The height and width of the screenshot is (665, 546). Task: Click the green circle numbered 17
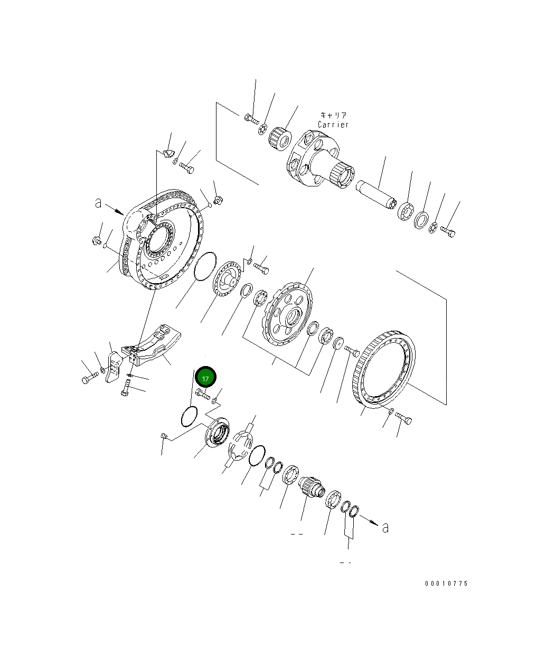coord(205,378)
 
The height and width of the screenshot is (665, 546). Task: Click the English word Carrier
coord(333,125)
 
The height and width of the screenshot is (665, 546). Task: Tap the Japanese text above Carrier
coord(333,115)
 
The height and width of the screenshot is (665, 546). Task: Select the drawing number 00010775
coord(446,584)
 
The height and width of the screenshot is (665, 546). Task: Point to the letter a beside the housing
coord(98,202)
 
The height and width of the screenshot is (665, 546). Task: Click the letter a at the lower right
coord(385,527)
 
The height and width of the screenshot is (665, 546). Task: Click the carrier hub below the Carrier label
coord(315,160)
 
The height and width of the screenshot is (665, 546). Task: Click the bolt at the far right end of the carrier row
coord(448,231)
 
